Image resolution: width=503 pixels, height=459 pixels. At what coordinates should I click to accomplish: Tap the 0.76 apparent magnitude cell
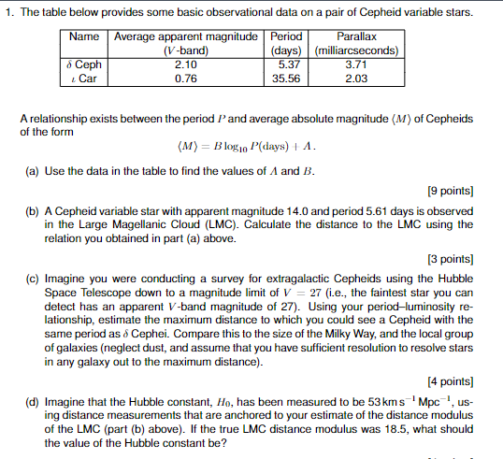click(185, 79)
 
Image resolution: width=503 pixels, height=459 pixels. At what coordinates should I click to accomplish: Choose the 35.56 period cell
click(289, 79)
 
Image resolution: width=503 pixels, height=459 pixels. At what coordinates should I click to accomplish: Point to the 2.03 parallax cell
click(356, 79)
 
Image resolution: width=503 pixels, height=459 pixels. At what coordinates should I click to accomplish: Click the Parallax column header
click(356, 36)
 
